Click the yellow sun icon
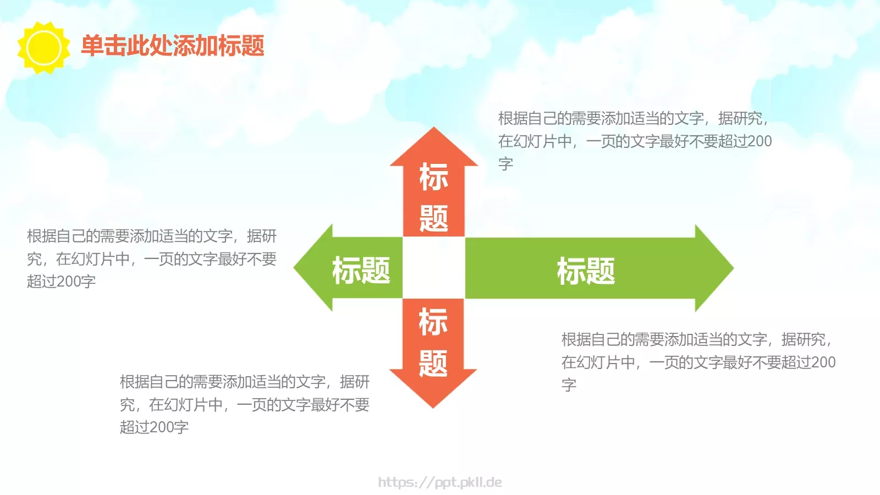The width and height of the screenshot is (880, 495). (43, 47)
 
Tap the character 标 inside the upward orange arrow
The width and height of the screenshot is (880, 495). (433, 177)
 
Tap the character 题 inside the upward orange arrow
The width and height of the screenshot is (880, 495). (433, 218)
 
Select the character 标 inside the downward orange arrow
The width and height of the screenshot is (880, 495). (433, 322)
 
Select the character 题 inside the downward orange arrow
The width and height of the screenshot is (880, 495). (433, 363)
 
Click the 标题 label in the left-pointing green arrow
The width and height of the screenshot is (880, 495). (361, 270)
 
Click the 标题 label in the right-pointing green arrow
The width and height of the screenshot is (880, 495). (586, 271)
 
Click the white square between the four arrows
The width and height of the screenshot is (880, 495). (434, 268)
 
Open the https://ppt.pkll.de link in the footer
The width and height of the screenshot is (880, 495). (440, 482)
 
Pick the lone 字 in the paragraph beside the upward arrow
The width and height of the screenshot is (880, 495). (505, 164)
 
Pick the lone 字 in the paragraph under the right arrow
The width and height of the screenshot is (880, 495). (569, 384)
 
